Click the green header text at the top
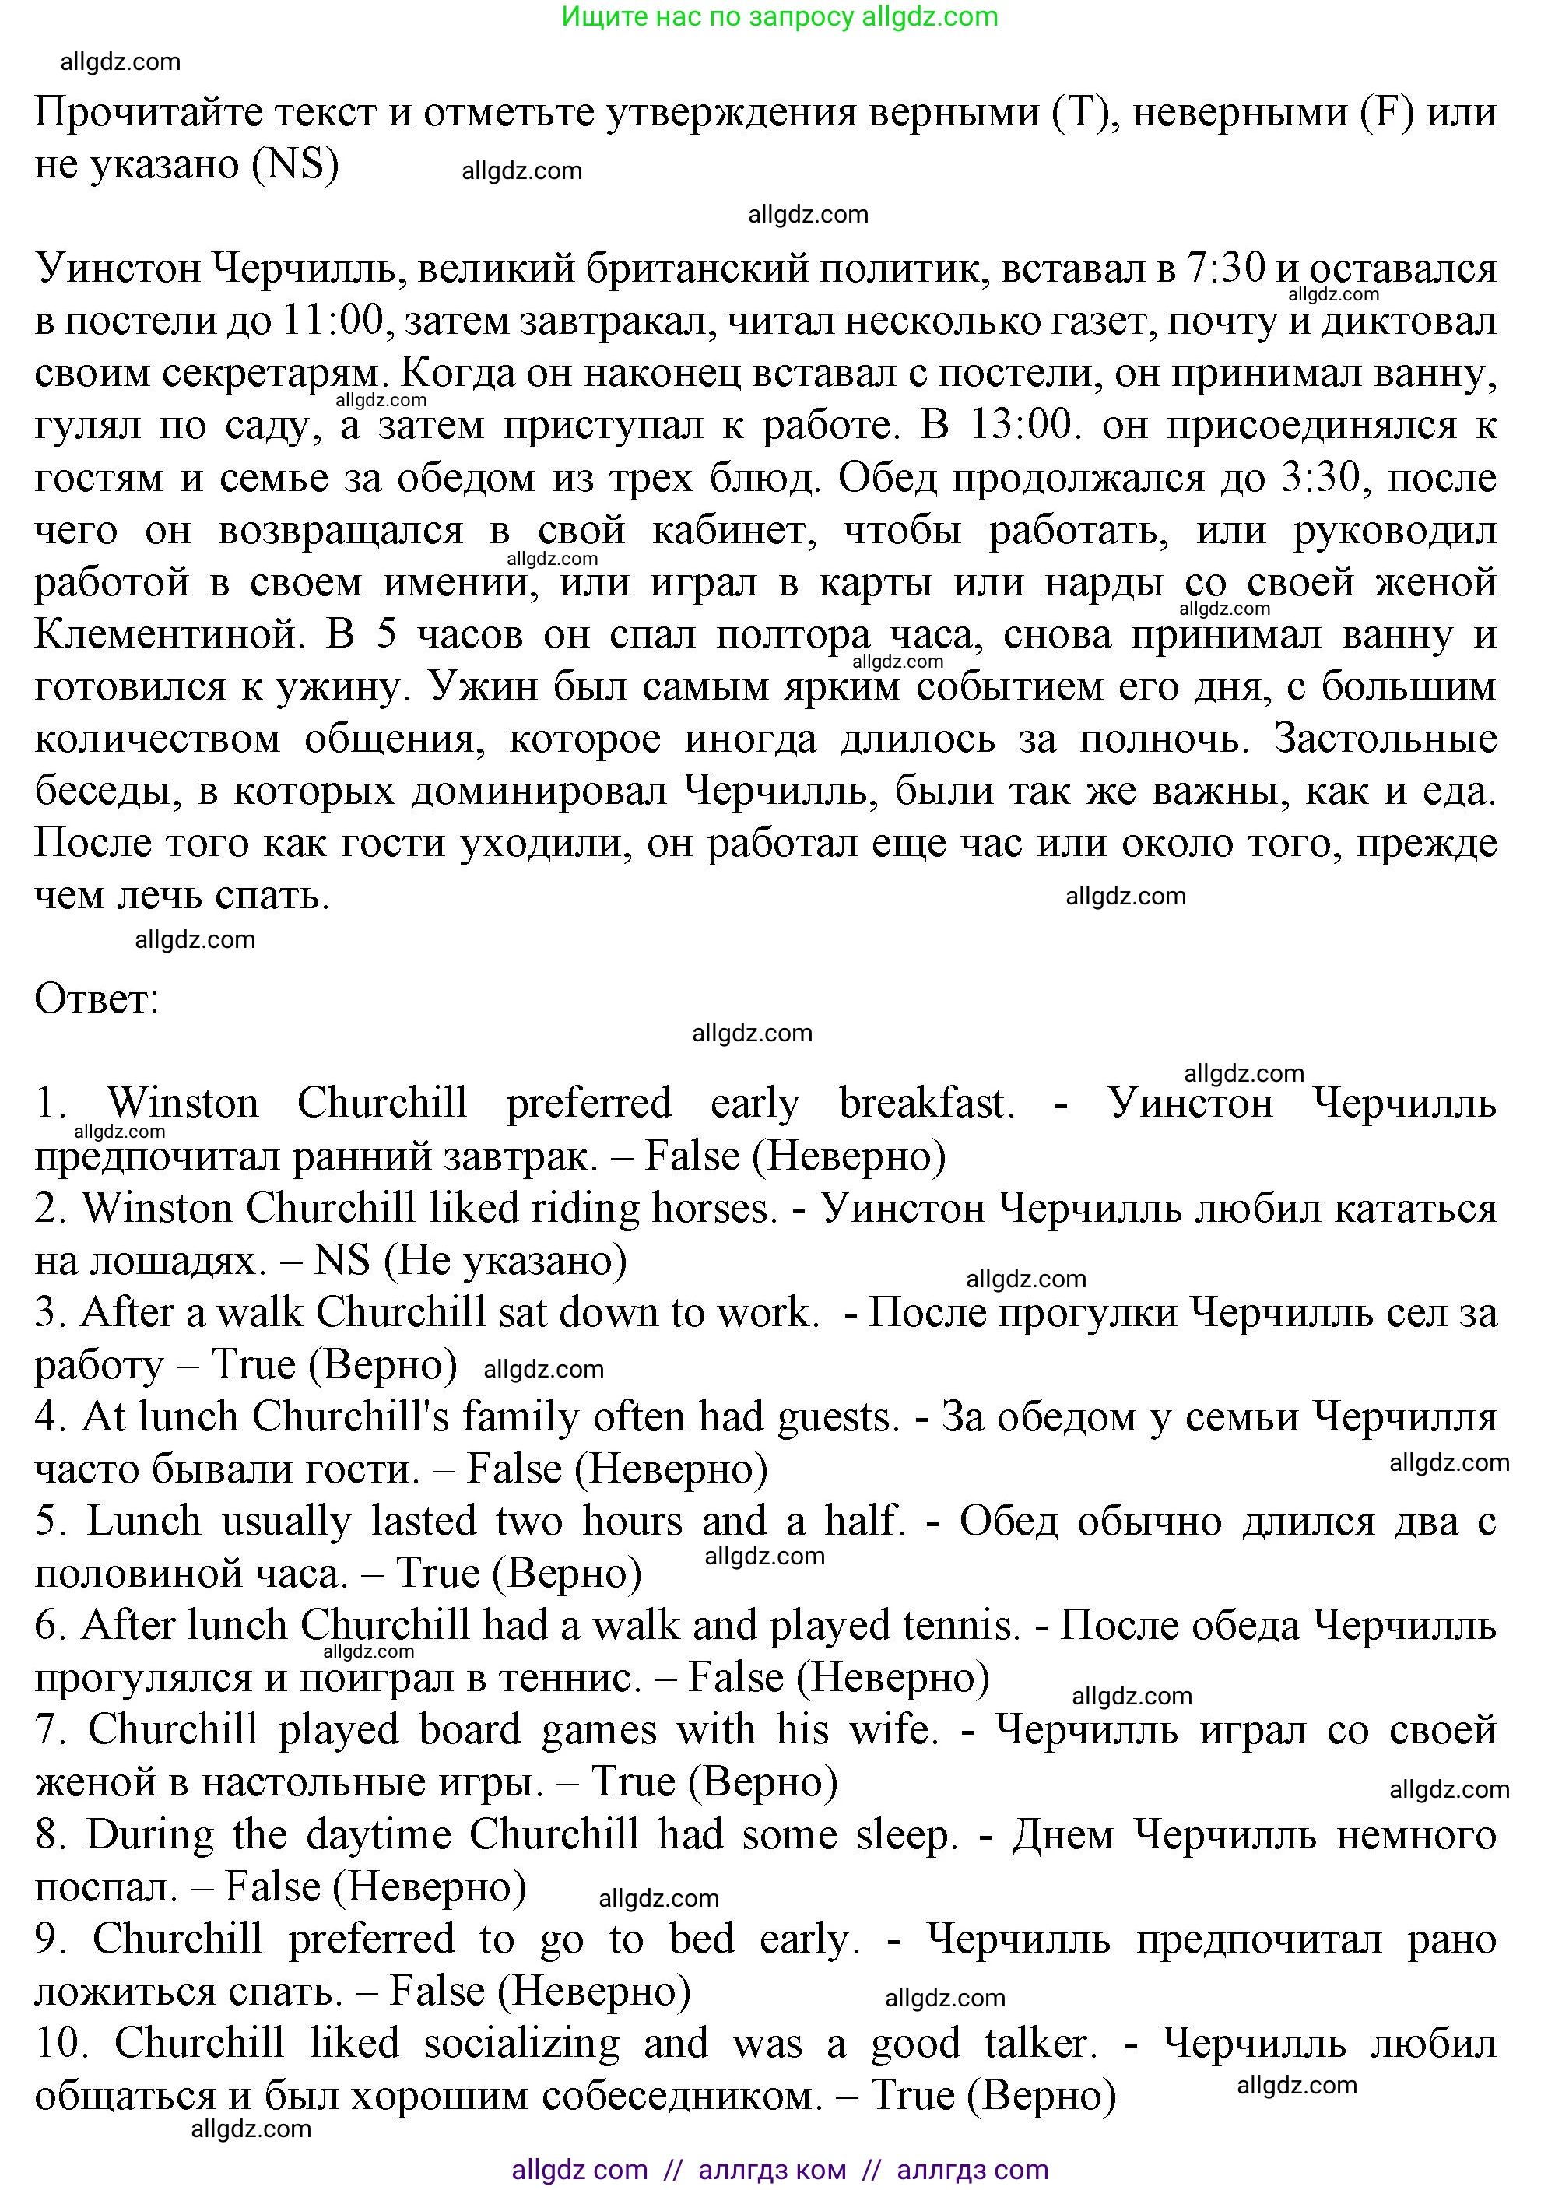(x=779, y=16)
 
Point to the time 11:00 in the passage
(x=333, y=321)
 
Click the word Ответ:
(x=97, y=999)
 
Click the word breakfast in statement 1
(x=925, y=1104)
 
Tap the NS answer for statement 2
(x=342, y=1260)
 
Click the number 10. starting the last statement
(x=60, y=2043)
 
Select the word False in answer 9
(x=436, y=1991)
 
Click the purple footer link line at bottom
(x=779, y=2170)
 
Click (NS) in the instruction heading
(x=294, y=164)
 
